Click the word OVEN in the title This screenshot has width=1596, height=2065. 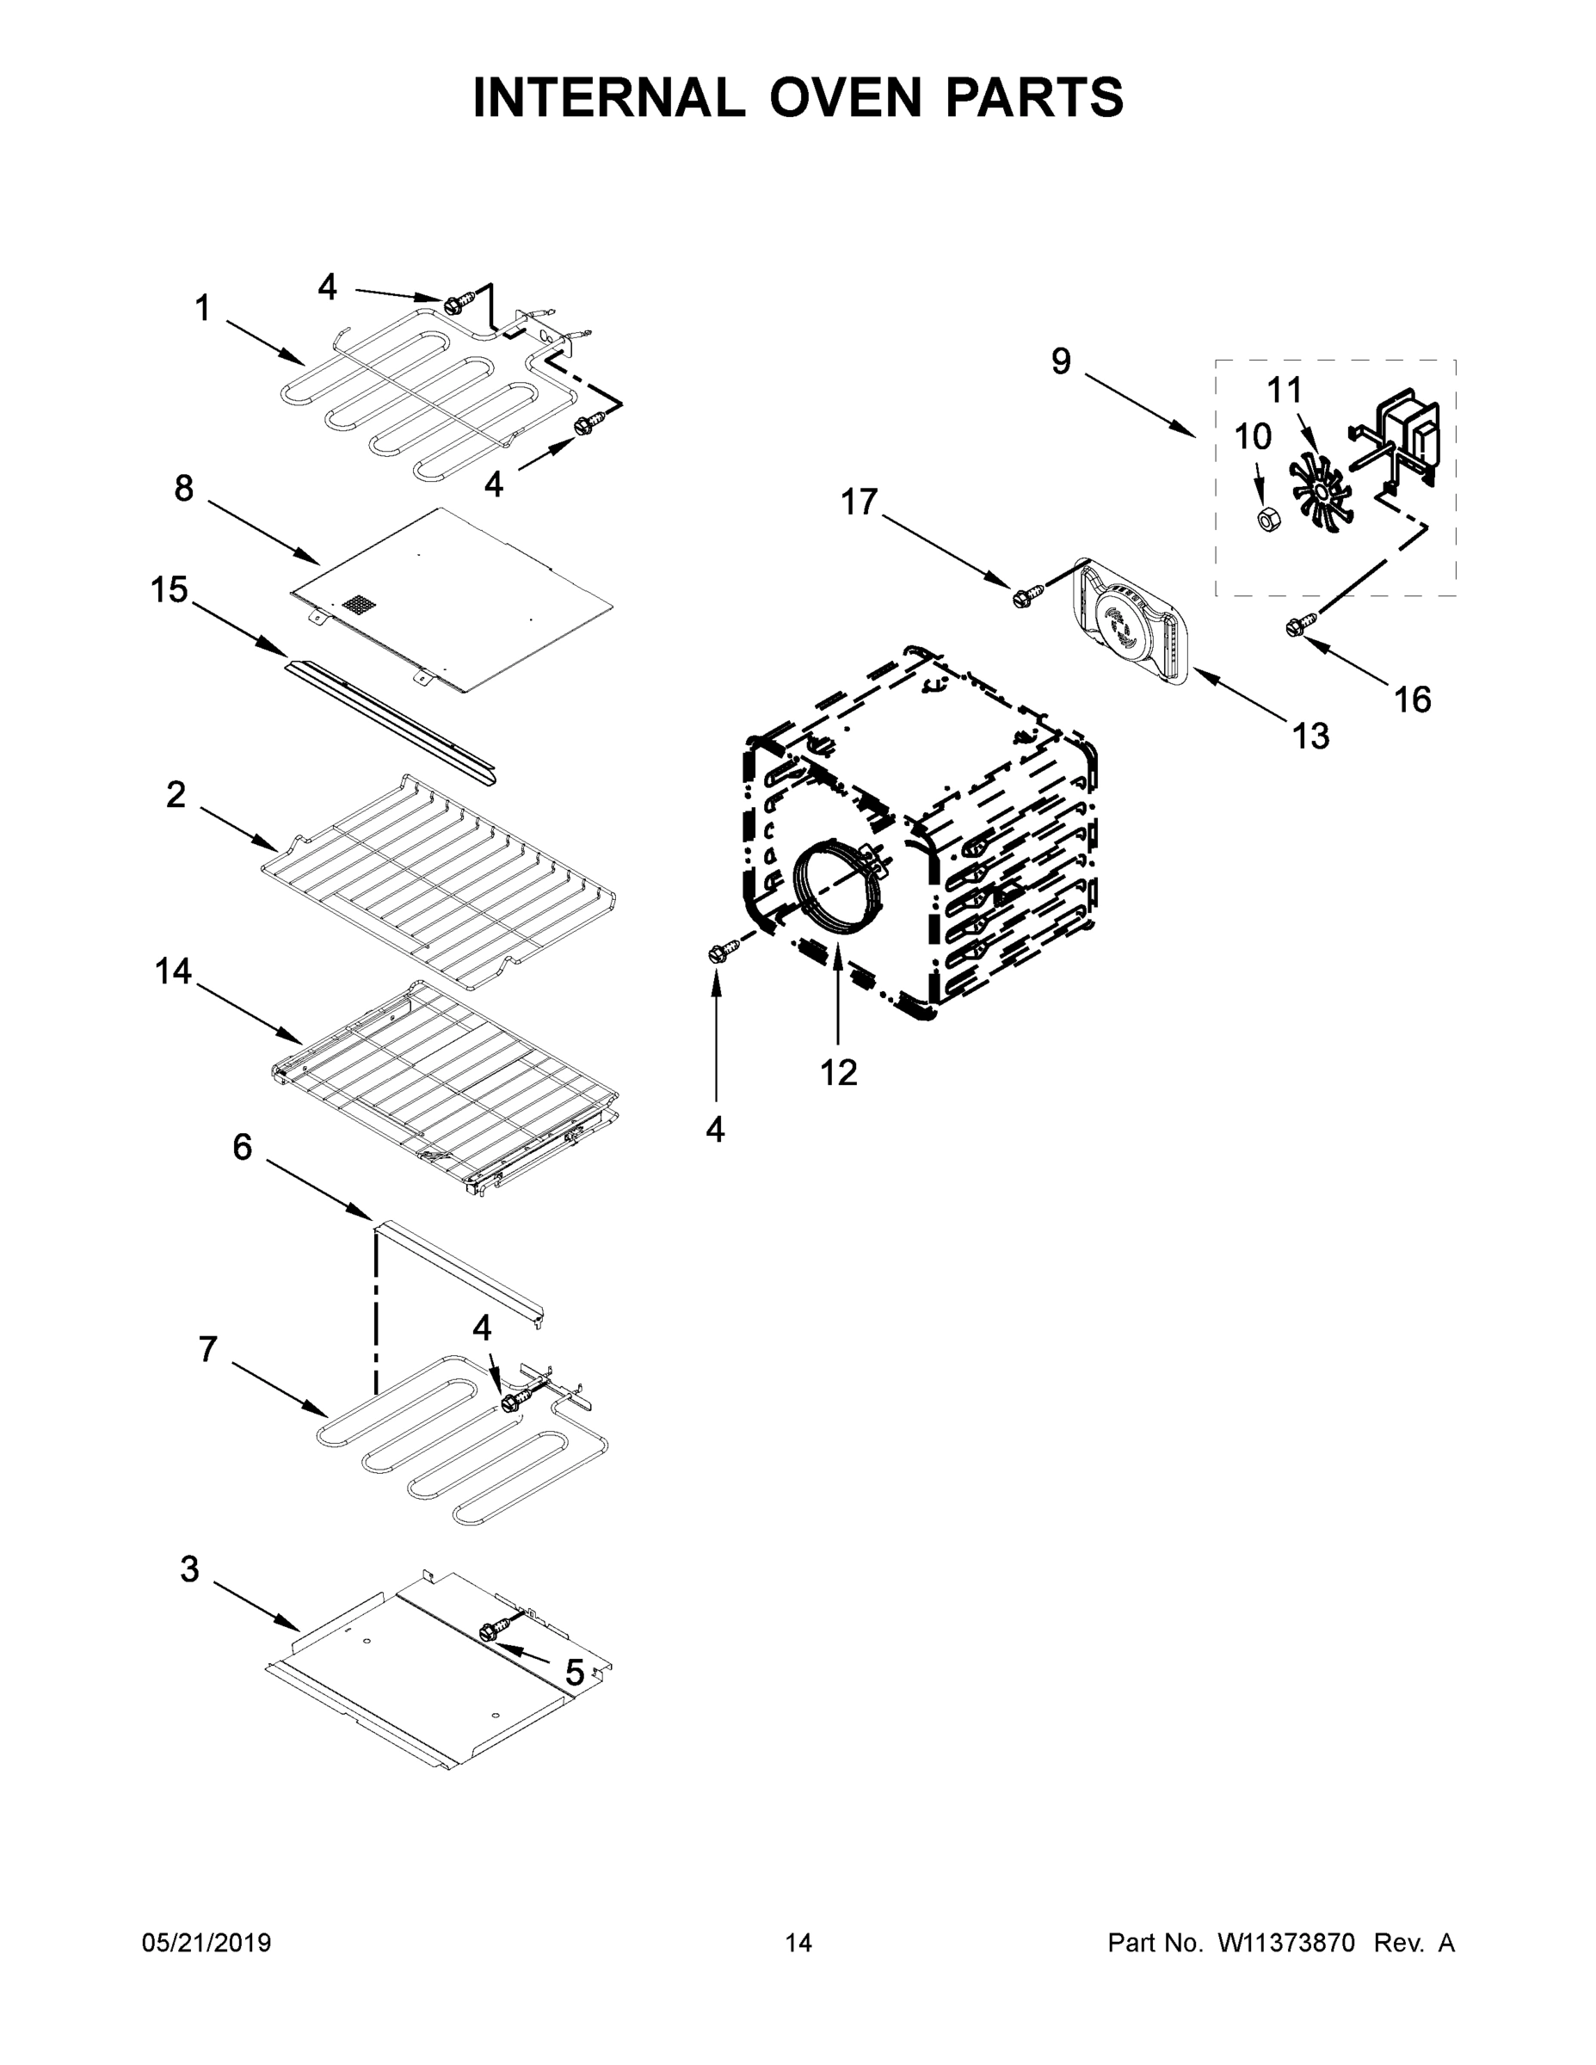[844, 97]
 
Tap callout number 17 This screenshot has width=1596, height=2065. [860, 502]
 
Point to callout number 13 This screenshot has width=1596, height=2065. [1310, 736]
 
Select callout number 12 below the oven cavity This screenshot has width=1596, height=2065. [838, 1072]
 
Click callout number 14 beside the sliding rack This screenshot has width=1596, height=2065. [173, 971]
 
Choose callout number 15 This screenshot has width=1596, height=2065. [169, 590]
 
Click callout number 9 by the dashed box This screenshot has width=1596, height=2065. [1061, 361]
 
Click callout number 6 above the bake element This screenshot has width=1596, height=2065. [243, 1148]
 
